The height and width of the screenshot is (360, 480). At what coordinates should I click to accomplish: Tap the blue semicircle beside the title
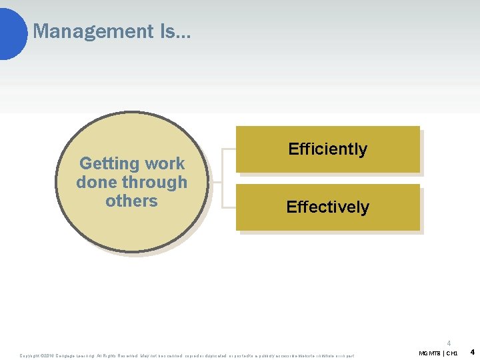click(x=12, y=31)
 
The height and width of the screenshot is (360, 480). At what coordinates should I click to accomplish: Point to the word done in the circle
click(x=97, y=182)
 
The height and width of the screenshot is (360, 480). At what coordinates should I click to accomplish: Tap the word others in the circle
click(x=131, y=201)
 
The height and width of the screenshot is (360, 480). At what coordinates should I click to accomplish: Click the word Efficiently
click(x=327, y=149)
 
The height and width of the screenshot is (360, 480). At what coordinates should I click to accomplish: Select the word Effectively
click(x=327, y=207)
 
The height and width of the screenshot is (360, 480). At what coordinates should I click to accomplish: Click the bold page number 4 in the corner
click(x=472, y=351)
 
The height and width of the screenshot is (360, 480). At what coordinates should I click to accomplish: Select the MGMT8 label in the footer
click(x=429, y=352)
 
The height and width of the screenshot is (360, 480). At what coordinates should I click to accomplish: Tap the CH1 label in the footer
click(x=451, y=352)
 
